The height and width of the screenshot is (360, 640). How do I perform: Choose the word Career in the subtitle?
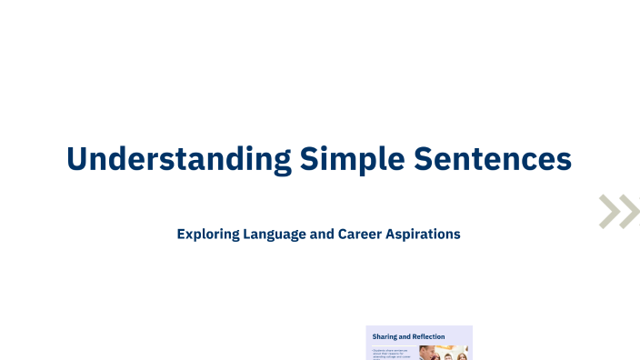coord(363,234)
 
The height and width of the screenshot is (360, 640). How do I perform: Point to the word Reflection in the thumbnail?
coord(428,336)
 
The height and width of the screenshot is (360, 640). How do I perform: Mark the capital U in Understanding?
coord(76,158)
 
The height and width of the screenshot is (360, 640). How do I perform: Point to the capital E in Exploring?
coord(182,234)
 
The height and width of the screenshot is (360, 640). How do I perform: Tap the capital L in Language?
coord(248,234)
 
